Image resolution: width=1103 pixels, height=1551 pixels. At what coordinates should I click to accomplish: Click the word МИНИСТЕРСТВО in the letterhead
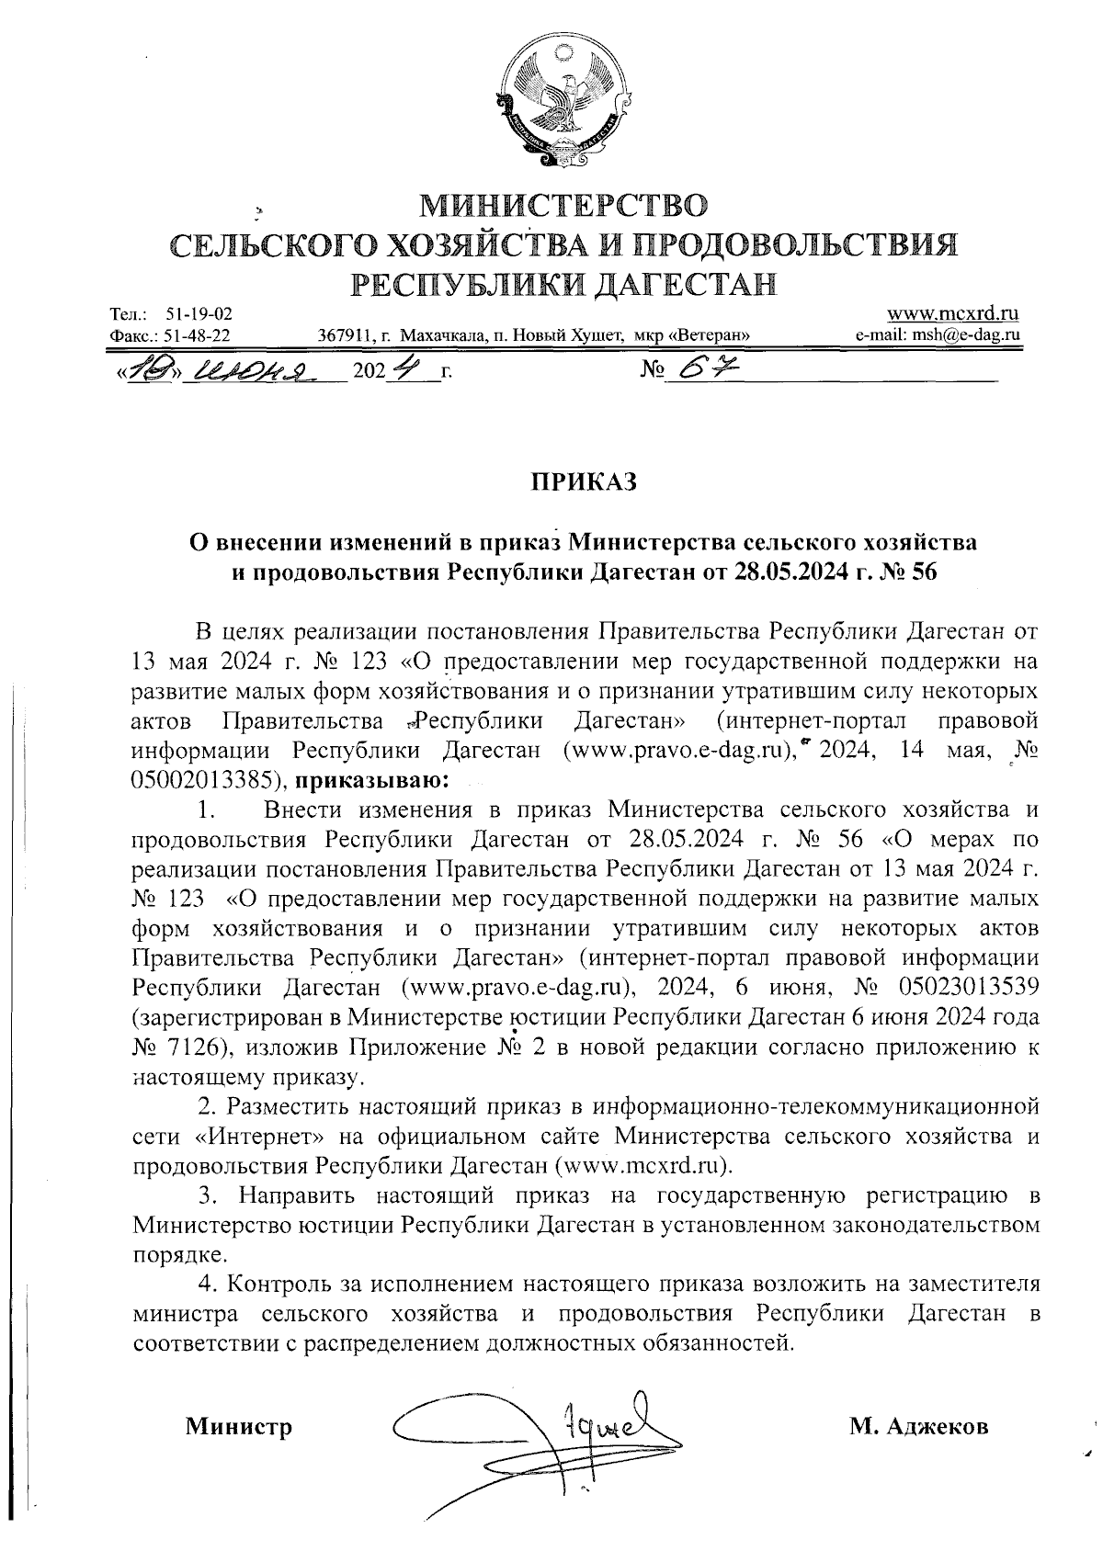point(564,204)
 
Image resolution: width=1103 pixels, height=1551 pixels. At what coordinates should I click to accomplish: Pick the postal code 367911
point(342,336)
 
